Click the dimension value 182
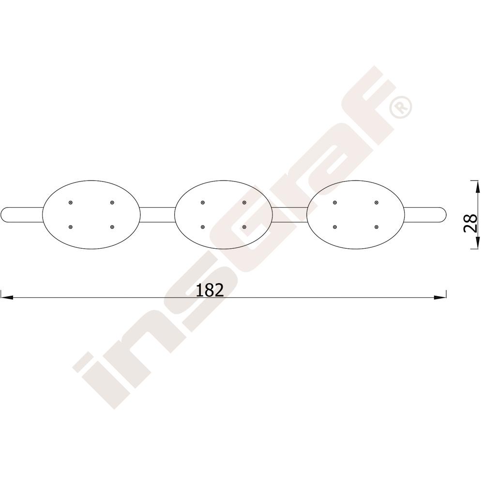click(x=210, y=290)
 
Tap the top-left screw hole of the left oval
click(x=71, y=202)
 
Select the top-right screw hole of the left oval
click(x=112, y=202)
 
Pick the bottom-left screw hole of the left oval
click(x=71, y=227)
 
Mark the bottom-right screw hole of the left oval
click(x=112, y=227)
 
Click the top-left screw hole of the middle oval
click(x=202, y=202)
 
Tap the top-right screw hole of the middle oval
click(x=244, y=202)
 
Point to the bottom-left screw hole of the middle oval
click(x=202, y=227)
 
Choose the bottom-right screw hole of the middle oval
click(x=244, y=227)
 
